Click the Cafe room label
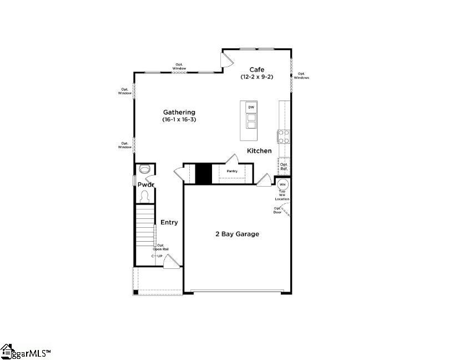tap(256, 69)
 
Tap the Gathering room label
tap(179, 112)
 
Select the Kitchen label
tap(259, 151)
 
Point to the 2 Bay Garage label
tap(237, 234)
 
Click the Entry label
tap(169, 222)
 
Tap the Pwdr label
tap(145, 184)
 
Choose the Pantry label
tap(232, 171)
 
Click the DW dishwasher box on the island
tap(251, 107)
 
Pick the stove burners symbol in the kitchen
tap(283, 136)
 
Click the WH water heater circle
tap(283, 184)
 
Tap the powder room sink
tap(145, 169)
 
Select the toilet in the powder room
tap(145, 197)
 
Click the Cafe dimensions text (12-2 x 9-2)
tap(256, 77)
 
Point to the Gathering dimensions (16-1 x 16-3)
tap(179, 119)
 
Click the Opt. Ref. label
tap(284, 166)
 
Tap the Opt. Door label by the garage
tap(277, 211)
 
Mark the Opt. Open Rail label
tap(161, 247)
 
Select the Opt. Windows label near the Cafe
tap(301, 76)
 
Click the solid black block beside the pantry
tap(203, 173)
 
